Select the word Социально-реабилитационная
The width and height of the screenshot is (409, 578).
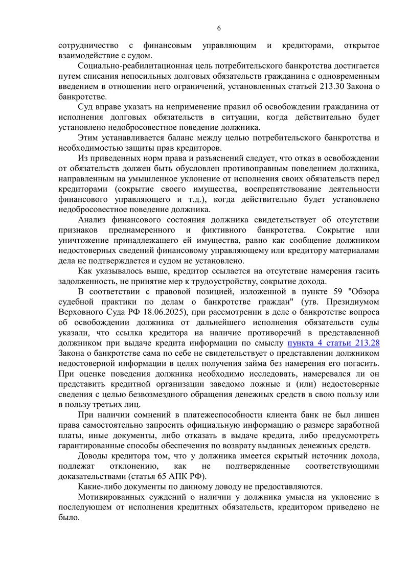coord(128,66)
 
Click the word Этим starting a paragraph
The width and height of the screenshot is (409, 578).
coord(88,138)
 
